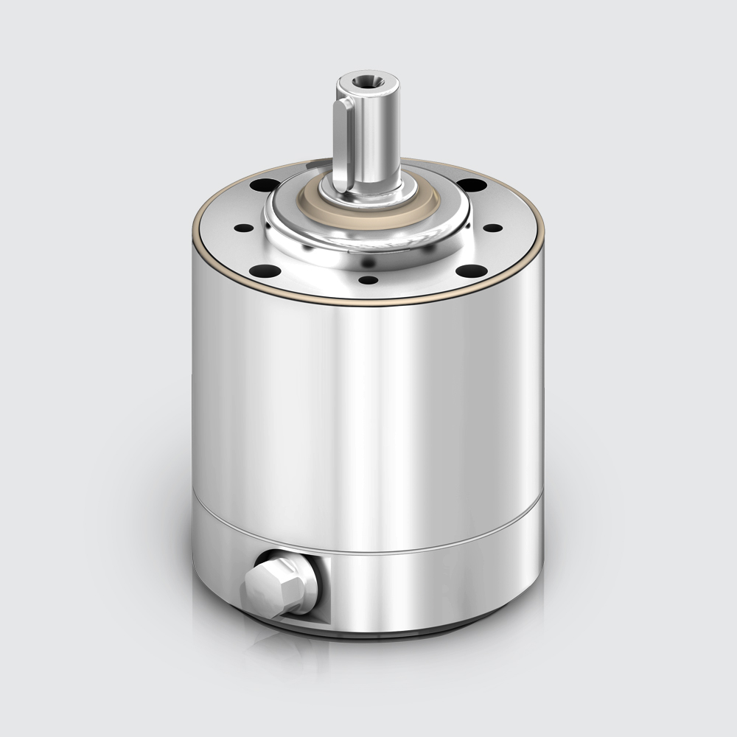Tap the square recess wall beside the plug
point(322,586)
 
